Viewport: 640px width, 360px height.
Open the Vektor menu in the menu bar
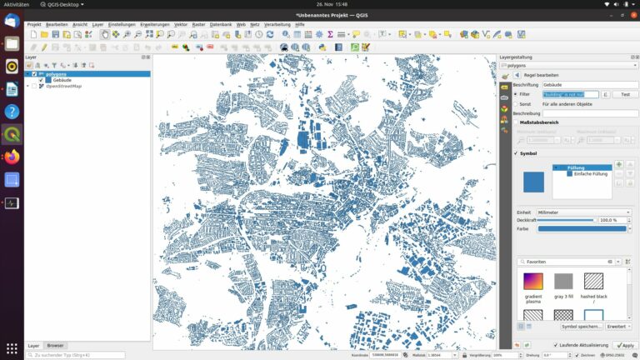[x=181, y=24]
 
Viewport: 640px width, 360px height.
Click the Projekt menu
[x=34, y=24]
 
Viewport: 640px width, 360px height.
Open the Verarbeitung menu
[x=277, y=24]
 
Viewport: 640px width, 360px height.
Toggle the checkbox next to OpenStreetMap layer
[x=34, y=86]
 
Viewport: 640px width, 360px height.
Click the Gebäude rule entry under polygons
[x=62, y=80]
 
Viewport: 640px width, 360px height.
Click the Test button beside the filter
[x=625, y=94]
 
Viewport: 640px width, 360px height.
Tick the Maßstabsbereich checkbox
[x=515, y=122]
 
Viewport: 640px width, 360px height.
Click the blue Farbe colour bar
[x=582, y=228]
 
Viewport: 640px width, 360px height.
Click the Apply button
[x=624, y=345]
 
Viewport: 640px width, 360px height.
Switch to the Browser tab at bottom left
[x=55, y=345]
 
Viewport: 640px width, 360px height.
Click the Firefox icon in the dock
[x=12, y=157]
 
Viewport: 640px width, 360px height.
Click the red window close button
[x=631, y=14]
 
